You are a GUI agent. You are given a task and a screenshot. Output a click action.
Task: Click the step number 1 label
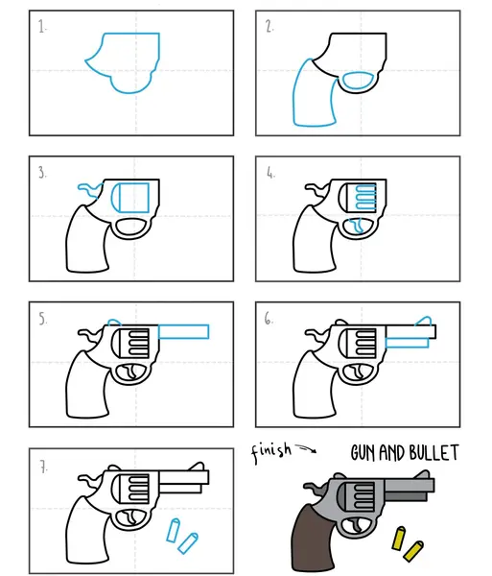coord(42,27)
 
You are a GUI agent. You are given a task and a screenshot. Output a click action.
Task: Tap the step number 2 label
coord(269,27)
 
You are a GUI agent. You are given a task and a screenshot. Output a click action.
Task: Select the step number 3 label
coord(42,172)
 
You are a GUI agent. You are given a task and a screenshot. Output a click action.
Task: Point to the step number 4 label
coord(270,172)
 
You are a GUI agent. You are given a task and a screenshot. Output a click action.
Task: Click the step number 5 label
coord(43,319)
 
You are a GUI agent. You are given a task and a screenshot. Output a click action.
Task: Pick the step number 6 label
coord(269,319)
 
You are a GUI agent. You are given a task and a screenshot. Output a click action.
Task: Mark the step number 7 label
coord(44,468)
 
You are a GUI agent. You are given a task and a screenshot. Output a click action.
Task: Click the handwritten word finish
coord(271,452)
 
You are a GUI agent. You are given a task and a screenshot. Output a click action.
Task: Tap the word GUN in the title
coord(363,452)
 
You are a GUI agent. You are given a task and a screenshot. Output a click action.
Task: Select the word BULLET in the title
coord(433,452)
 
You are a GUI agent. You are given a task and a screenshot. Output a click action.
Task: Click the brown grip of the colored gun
coord(312,539)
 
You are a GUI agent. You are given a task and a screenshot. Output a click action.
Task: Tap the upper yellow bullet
coord(398,539)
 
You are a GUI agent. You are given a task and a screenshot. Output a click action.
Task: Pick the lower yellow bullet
coord(413,551)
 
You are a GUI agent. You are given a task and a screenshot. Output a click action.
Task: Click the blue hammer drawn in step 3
coord(90,189)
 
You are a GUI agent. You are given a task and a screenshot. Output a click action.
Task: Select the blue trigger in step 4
coord(357,226)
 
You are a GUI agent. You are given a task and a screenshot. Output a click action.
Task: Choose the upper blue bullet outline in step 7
coord(173,530)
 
